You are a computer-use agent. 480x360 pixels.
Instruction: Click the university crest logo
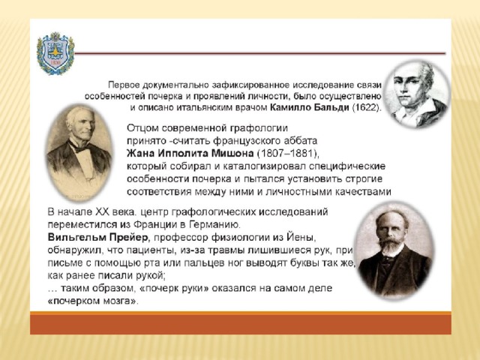pos(55,53)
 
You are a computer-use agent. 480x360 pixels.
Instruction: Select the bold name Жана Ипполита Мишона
pos(190,153)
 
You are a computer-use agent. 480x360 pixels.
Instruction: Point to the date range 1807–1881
pos(286,153)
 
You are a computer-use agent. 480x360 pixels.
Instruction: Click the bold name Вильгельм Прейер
pos(98,237)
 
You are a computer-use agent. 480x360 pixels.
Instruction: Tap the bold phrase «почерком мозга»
pos(91,301)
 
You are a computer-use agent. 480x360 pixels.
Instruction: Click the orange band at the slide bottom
pos(240,323)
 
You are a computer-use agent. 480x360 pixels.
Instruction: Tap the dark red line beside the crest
pos(260,53)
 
